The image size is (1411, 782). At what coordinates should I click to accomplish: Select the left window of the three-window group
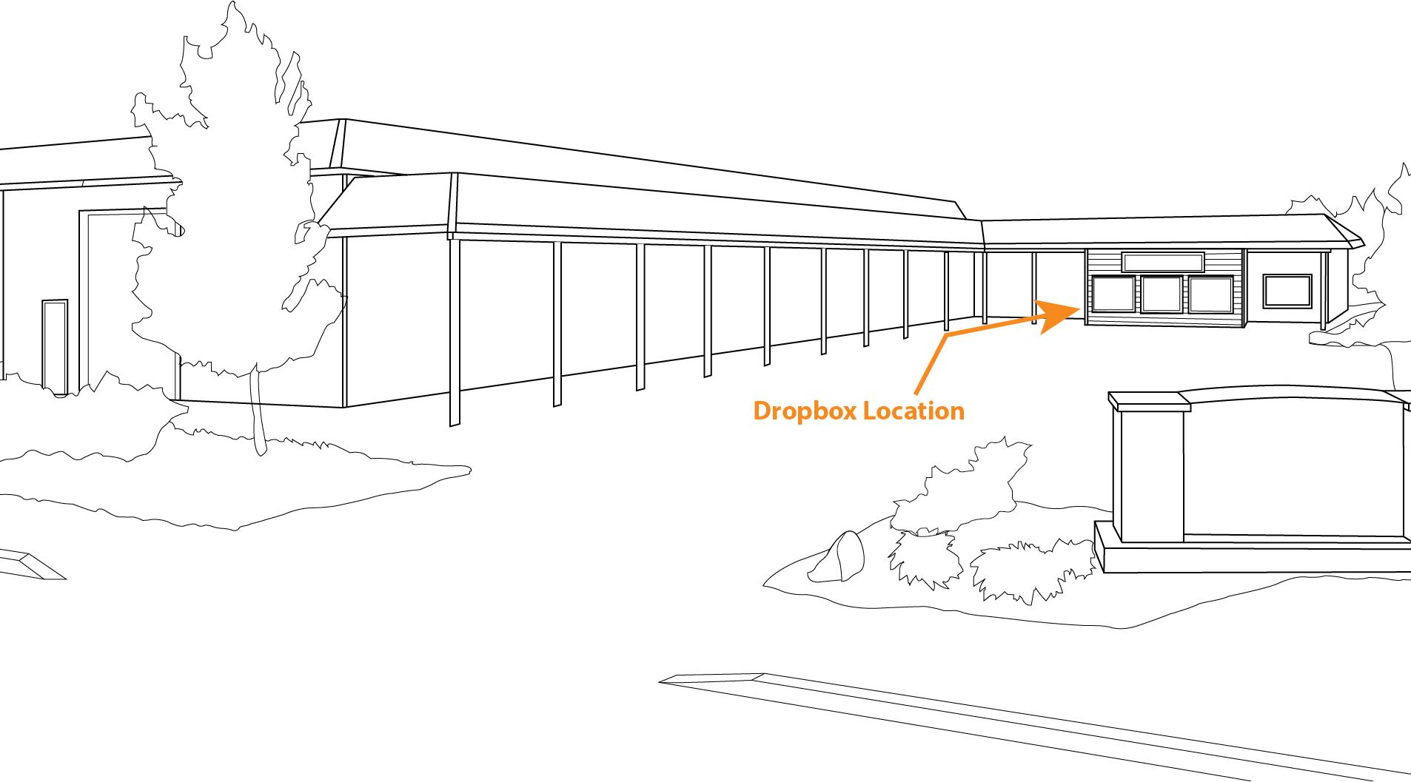(x=1112, y=294)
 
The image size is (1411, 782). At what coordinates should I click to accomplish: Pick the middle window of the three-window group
(x=1162, y=294)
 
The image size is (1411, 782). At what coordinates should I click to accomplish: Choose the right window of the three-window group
(x=1210, y=294)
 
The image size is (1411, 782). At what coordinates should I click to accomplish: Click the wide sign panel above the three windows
(x=1162, y=262)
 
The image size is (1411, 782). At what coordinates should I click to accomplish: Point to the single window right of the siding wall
(x=1287, y=290)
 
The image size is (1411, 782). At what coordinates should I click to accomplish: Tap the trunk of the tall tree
(x=258, y=414)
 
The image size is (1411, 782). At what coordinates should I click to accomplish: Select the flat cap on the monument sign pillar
(x=1148, y=401)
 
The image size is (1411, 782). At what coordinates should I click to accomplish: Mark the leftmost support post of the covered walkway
(x=455, y=333)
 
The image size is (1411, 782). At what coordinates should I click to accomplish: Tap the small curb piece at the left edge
(x=30, y=564)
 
